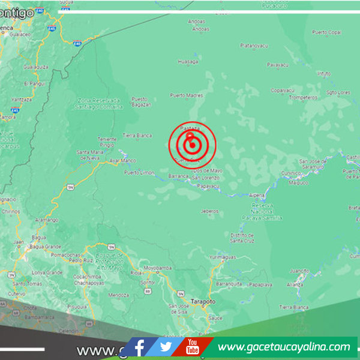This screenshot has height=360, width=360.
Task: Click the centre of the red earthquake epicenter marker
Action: (x=192, y=145)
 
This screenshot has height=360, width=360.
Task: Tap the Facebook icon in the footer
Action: (x=140, y=347)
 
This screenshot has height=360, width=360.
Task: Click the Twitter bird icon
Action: (x=166, y=347)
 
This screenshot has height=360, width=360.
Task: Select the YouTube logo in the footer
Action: (x=193, y=347)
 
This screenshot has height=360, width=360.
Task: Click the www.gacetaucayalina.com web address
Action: (x=283, y=347)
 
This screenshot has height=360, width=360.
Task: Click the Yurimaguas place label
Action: (x=223, y=257)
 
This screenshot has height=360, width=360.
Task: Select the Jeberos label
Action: (x=209, y=211)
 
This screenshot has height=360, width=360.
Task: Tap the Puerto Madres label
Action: (x=186, y=95)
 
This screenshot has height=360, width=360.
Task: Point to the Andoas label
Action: (x=199, y=28)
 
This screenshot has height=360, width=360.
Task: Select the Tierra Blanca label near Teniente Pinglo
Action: (x=137, y=136)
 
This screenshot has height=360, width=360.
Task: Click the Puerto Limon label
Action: (x=136, y=173)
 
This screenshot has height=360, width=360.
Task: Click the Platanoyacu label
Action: (x=253, y=45)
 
